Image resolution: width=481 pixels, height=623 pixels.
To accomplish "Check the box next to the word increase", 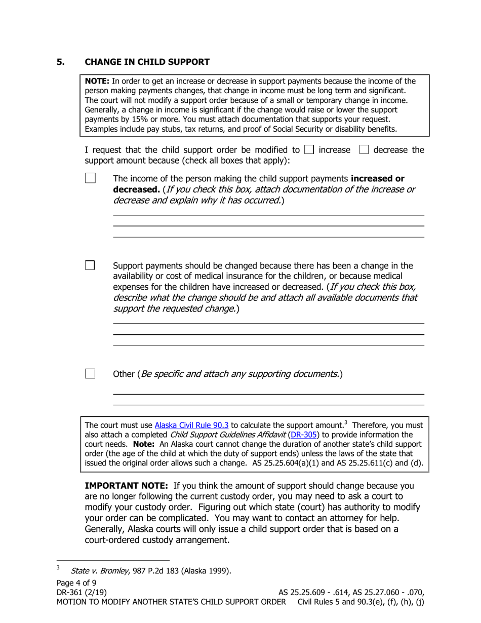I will (x=309, y=150).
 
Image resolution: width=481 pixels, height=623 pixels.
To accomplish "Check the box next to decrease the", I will (x=364, y=150).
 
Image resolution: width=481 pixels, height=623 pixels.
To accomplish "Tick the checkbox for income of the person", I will (x=90, y=178).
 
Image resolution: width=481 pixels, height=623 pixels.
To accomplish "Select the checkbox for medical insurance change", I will (x=90, y=265).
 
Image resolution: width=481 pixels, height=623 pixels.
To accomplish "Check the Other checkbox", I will (x=90, y=374).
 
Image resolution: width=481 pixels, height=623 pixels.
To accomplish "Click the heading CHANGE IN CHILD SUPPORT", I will (x=147, y=62).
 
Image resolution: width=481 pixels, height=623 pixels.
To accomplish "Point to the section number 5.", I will (x=61, y=62).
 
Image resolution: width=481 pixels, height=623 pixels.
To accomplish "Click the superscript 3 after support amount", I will (x=345, y=423).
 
